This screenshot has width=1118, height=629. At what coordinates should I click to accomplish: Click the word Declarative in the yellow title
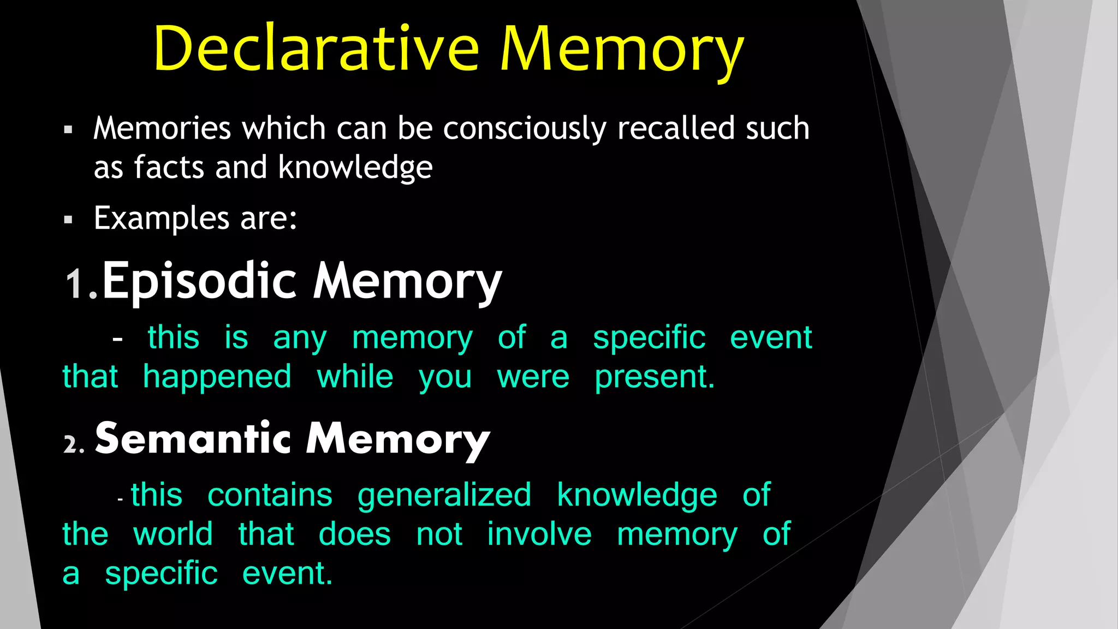(316, 49)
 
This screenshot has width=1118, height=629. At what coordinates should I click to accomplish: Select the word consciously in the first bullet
(525, 129)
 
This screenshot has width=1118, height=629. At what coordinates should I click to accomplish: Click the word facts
(169, 167)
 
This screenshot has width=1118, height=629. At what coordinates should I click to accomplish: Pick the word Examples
(161, 219)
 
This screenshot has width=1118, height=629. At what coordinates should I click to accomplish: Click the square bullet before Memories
(68, 130)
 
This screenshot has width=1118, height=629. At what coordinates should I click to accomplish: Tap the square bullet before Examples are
(68, 220)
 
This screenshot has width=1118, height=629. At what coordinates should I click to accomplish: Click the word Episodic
(199, 281)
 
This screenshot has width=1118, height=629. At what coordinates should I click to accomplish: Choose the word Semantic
(193, 438)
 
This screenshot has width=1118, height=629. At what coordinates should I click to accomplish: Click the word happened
(217, 377)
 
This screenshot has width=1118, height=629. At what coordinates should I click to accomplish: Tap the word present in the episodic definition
(654, 377)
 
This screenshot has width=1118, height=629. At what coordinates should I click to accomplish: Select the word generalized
(444, 496)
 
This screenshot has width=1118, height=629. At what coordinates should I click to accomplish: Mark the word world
(173, 534)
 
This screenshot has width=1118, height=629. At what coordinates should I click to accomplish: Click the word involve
(539, 534)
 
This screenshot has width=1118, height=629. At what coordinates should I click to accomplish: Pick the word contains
(270, 495)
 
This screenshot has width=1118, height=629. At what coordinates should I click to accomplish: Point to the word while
(355, 377)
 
